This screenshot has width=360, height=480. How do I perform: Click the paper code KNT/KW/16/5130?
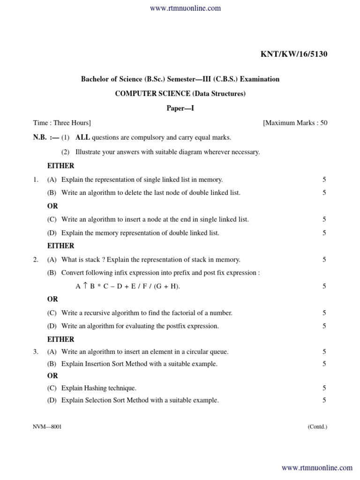[294, 54]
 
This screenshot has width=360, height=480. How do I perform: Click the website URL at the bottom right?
[317, 468]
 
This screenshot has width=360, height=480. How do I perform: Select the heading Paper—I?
[180, 108]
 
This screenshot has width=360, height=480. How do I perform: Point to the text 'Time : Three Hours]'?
[62, 123]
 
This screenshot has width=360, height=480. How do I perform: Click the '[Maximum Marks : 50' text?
[295, 123]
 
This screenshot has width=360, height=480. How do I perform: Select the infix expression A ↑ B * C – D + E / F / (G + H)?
[127, 286]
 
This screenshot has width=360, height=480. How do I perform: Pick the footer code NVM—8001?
[47, 427]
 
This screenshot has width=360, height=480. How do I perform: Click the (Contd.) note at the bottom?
[317, 427]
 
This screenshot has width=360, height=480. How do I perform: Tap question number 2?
[36, 260]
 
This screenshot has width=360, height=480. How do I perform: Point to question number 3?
[36, 352]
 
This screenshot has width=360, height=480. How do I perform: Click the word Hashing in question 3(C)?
[96, 388]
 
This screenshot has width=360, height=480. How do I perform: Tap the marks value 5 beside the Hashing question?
[324, 388]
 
